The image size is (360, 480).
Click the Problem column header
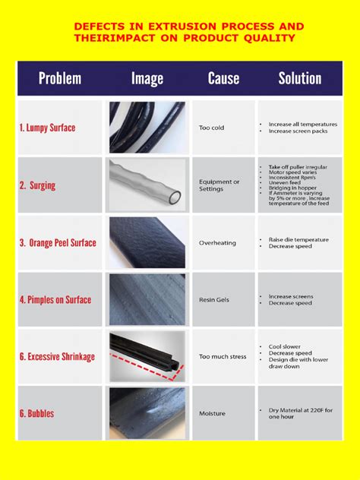coord(60,78)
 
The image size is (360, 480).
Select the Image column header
coord(147,78)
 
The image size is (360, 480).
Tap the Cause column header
coord(223,78)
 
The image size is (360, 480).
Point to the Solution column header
coord(300,78)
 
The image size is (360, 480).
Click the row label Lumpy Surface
coord(47,128)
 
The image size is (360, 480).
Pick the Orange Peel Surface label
coord(58,243)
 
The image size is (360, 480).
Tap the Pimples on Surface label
coord(55,299)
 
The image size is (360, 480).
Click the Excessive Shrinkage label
coord(57,356)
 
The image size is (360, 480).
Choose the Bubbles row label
coord(37,414)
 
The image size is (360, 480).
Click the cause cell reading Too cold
coord(212,128)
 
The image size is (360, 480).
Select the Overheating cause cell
coord(217,243)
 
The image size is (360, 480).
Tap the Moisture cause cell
coord(213,414)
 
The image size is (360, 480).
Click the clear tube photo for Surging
coord(147,185)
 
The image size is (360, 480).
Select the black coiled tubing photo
coord(147,128)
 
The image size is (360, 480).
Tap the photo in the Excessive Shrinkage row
coord(147,356)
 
